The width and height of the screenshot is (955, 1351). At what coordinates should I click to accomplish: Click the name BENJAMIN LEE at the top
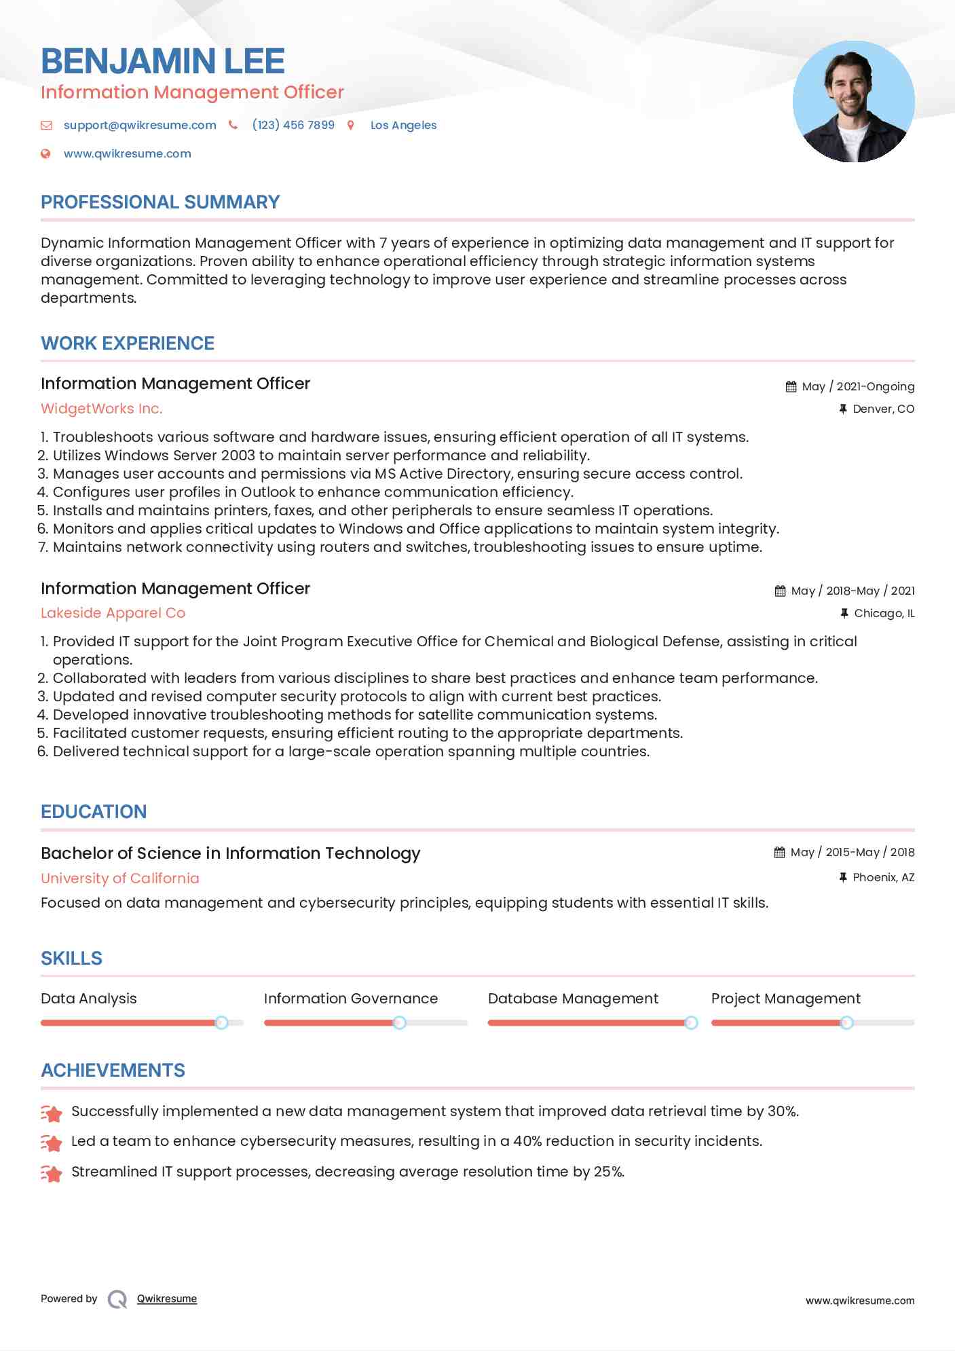point(163,61)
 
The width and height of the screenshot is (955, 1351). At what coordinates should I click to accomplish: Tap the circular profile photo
point(853,102)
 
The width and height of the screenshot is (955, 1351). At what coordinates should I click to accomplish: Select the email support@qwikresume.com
point(140,125)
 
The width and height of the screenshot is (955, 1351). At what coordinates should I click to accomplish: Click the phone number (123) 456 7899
point(293,125)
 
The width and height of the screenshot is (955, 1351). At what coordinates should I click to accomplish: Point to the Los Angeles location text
point(403,125)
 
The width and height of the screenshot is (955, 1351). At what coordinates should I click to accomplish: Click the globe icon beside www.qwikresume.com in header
point(45,153)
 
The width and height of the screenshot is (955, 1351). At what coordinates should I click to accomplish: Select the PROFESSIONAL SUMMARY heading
point(160,202)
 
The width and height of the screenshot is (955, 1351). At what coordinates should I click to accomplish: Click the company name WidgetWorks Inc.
point(102,409)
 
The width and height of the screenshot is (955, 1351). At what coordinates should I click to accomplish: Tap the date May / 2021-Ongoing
point(858,386)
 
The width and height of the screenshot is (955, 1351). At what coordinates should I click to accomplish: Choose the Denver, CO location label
point(883,409)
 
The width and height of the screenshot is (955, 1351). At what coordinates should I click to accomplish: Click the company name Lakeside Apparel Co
point(113,613)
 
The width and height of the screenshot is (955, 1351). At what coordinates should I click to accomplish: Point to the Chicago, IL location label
point(884,613)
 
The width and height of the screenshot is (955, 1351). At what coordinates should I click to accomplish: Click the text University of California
point(120,878)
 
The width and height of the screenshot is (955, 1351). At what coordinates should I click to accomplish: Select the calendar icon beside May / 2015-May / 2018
point(780,852)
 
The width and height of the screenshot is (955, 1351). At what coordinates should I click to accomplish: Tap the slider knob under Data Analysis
point(221,1022)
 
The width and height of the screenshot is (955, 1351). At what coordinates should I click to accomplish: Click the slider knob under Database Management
point(691,1022)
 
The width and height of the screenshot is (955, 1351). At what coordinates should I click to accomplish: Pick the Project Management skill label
point(785,999)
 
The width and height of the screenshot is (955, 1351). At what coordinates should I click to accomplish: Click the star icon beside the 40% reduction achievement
point(52,1143)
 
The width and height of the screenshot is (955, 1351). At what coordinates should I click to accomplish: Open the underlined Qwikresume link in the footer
point(167,1299)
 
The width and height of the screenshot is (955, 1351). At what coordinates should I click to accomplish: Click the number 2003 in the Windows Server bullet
point(237,456)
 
